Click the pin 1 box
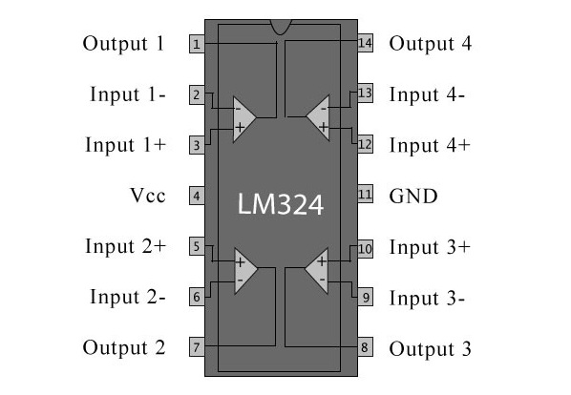tap(197, 44)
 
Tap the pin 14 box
tap(366, 43)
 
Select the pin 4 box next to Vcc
tap(197, 196)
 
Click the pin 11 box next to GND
tap(366, 195)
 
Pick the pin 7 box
tap(197, 347)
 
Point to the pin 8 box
tap(366, 347)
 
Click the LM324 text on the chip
tap(281, 204)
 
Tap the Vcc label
tap(148, 196)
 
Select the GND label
tap(413, 197)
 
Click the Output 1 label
tap(123, 44)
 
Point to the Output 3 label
tap(430, 349)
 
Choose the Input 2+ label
tap(126, 246)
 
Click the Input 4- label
tap(427, 95)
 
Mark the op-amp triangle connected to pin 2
tap(244, 119)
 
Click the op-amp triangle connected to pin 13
tap(318, 117)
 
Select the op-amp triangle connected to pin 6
tap(245, 271)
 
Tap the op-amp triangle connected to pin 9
tap(317, 271)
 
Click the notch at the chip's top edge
tap(281, 27)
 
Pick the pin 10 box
tap(366, 249)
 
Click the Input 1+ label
tap(126, 145)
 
